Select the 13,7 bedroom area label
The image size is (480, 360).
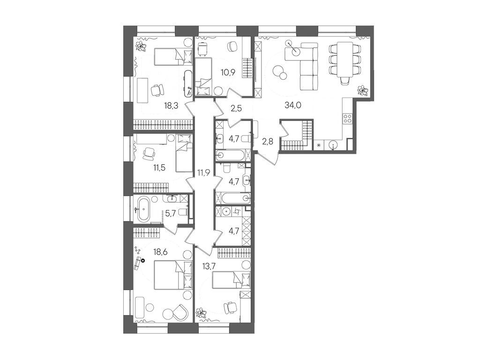pyautogui.click(x=209, y=268)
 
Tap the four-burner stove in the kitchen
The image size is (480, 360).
pyautogui.click(x=348, y=118)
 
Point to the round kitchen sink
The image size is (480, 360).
pyautogui.click(x=333, y=144)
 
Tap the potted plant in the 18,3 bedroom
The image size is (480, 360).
pyautogui.click(x=140, y=46)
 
